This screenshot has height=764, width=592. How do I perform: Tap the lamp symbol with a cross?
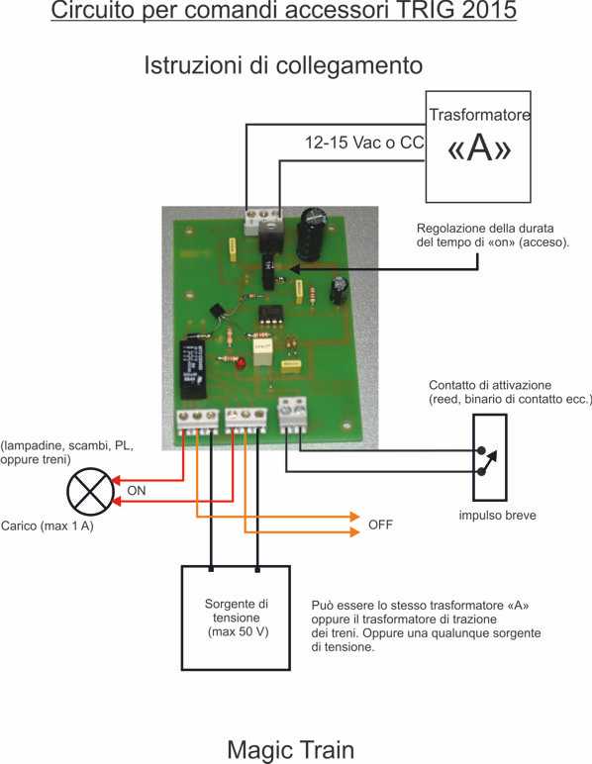tap(90, 492)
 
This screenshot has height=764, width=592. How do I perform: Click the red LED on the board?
tap(240, 364)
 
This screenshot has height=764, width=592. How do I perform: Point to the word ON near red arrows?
tap(137, 491)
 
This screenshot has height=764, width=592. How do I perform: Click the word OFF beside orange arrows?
tap(380, 525)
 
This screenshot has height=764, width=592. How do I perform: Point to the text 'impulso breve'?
tap(498, 515)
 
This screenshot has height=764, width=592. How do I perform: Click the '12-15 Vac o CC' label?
tap(364, 143)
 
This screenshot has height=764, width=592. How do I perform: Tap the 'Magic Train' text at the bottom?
tap(290, 749)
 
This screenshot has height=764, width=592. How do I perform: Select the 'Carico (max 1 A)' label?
tap(48, 525)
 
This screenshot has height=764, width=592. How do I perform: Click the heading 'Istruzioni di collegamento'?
tap(283, 65)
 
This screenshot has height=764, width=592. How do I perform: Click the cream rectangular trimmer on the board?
tap(262, 352)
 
